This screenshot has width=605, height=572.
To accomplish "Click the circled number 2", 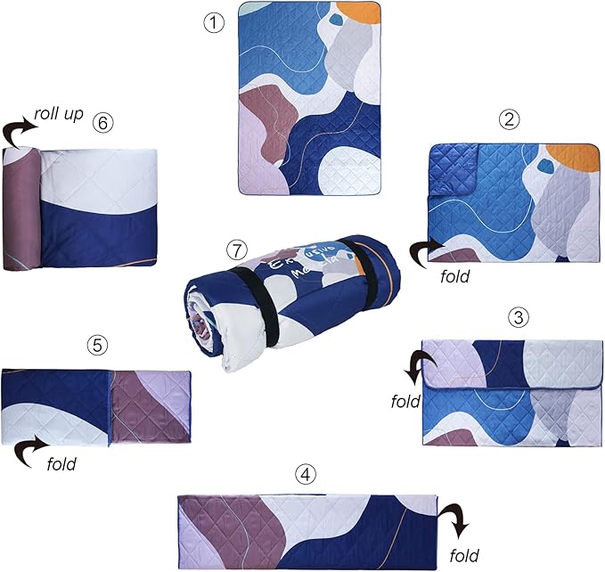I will [510, 118].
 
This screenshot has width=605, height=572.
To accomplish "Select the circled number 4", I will [306, 475].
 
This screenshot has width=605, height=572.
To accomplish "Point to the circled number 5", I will [97, 343].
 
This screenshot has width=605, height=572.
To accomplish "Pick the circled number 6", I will [104, 123].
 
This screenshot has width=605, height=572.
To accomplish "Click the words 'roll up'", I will [60, 115].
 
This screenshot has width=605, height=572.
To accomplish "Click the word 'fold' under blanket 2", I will [455, 275].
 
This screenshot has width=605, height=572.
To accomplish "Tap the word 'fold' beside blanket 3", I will [406, 401].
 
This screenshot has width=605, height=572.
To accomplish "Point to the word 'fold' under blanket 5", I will [61, 463].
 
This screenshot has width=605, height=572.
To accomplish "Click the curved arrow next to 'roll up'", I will [19, 133].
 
